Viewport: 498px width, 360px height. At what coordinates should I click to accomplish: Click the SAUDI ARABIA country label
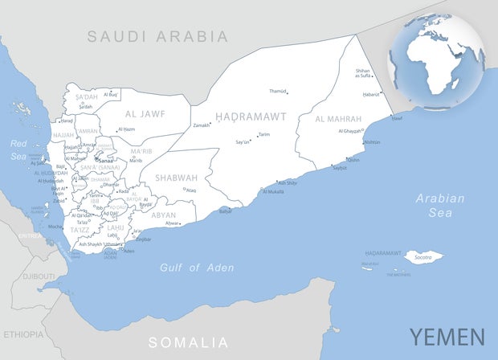pyautogui.click(x=157, y=36)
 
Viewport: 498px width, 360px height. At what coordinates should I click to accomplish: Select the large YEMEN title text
pyautogui.click(x=447, y=337)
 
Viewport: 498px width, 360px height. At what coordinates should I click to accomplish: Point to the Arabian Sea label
pyautogui.click(x=440, y=206)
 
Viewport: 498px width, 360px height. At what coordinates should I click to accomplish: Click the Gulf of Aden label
pyautogui.click(x=197, y=268)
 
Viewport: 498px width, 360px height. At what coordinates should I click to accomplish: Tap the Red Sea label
pyautogui.click(x=18, y=149)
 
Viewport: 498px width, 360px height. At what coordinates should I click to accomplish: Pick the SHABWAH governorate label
pyautogui.click(x=176, y=178)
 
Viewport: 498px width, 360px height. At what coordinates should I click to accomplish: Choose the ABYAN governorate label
pyautogui.click(x=163, y=215)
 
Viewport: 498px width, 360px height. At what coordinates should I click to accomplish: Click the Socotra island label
pyautogui.click(x=423, y=257)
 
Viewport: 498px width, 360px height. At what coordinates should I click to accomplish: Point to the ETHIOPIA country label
pyautogui.click(x=24, y=333)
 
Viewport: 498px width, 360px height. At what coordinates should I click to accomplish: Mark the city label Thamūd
pyautogui.click(x=278, y=92)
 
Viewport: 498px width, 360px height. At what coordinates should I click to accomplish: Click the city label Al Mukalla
pyautogui.click(x=271, y=192)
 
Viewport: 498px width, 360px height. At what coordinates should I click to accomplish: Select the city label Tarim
pyautogui.click(x=264, y=135)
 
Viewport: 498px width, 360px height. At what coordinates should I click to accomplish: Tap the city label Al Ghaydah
pyautogui.click(x=349, y=131)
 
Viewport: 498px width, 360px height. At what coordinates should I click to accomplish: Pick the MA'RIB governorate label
pyautogui.click(x=141, y=151)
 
